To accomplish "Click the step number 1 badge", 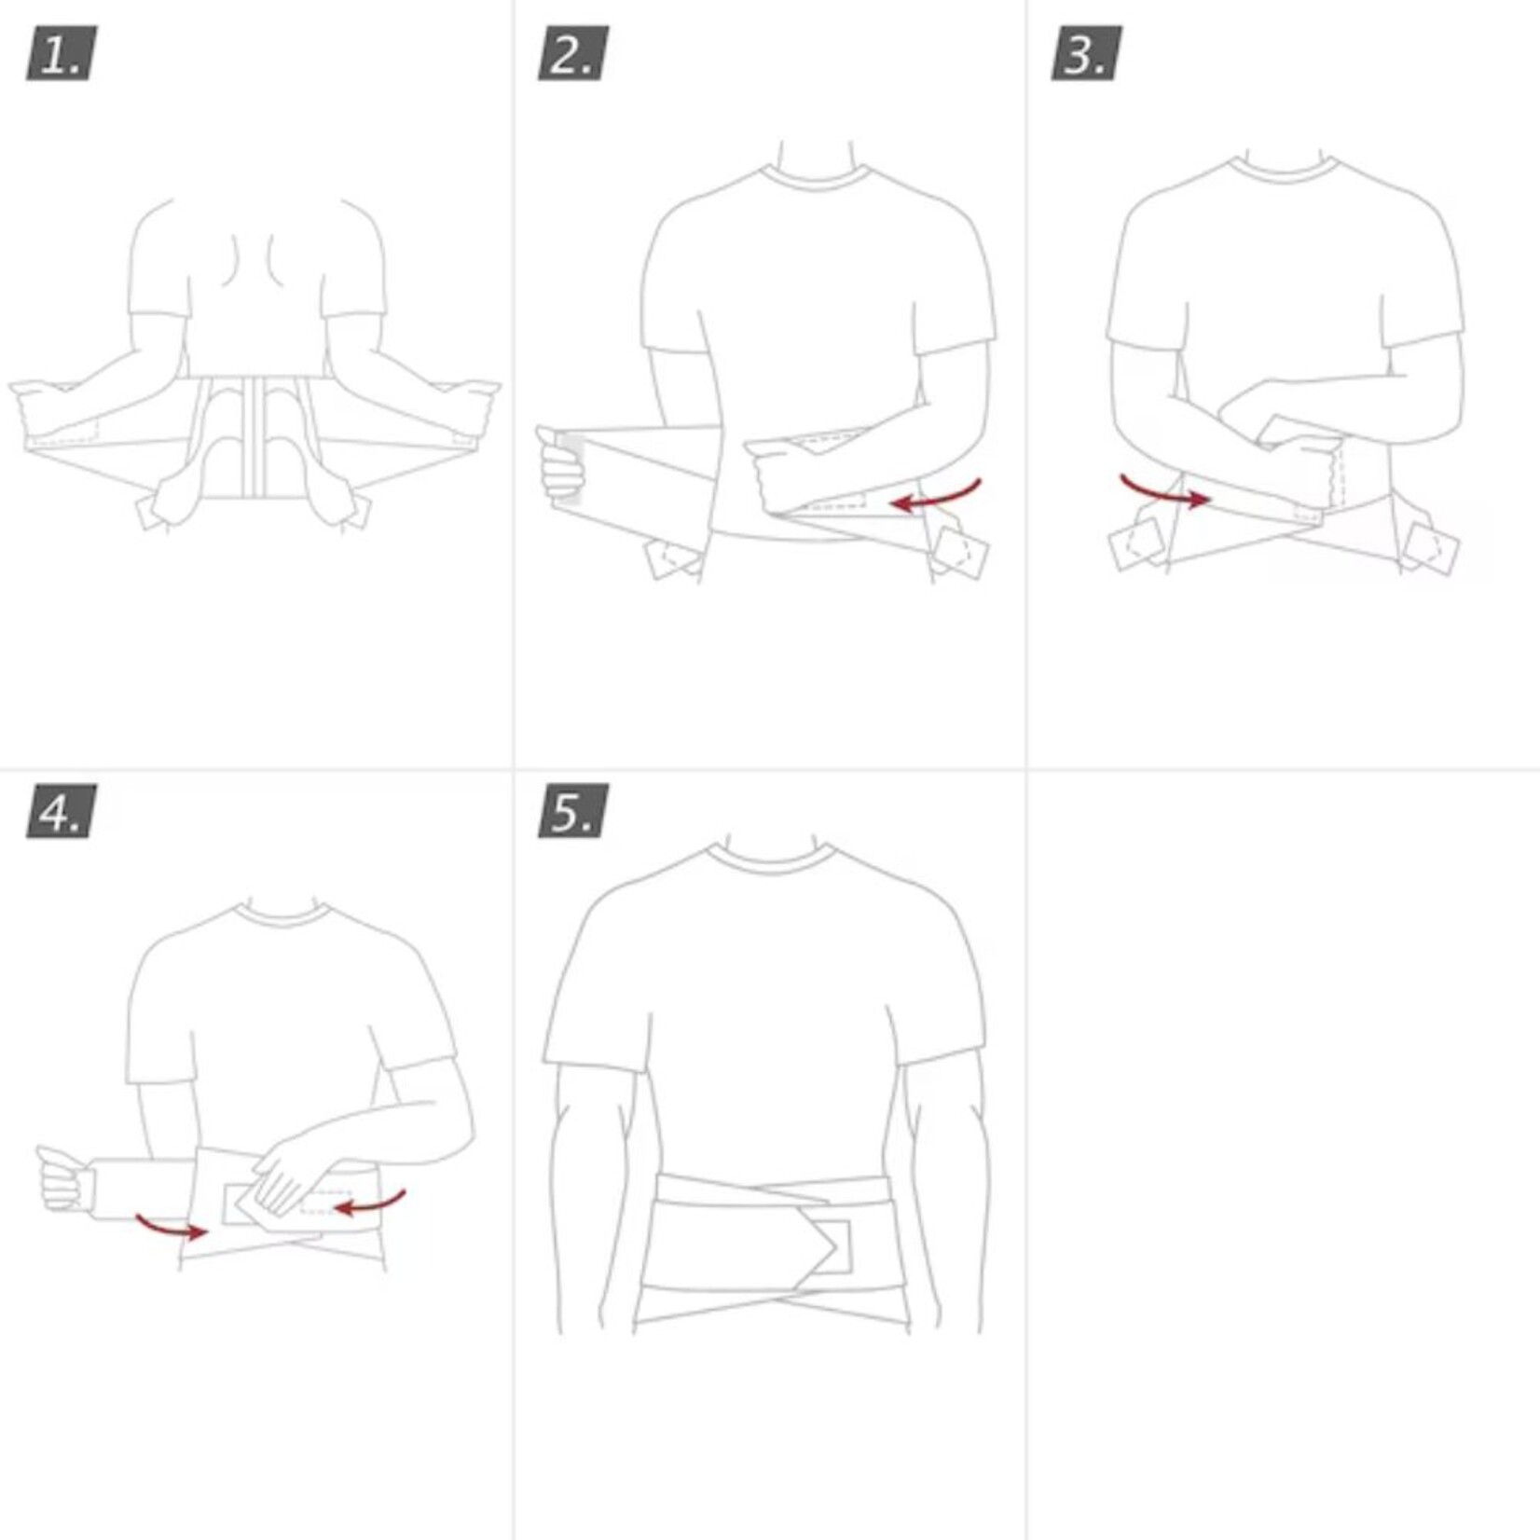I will click(x=62, y=53).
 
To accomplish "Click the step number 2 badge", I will click(x=573, y=53).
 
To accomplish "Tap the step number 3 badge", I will click(x=1086, y=53).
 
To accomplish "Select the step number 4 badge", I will click(x=62, y=811).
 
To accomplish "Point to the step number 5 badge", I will click(x=573, y=811).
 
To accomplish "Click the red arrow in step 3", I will click(x=1165, y=492).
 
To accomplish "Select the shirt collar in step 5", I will click(x=770, y=859).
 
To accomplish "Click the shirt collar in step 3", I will click(x=1285, y=171).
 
